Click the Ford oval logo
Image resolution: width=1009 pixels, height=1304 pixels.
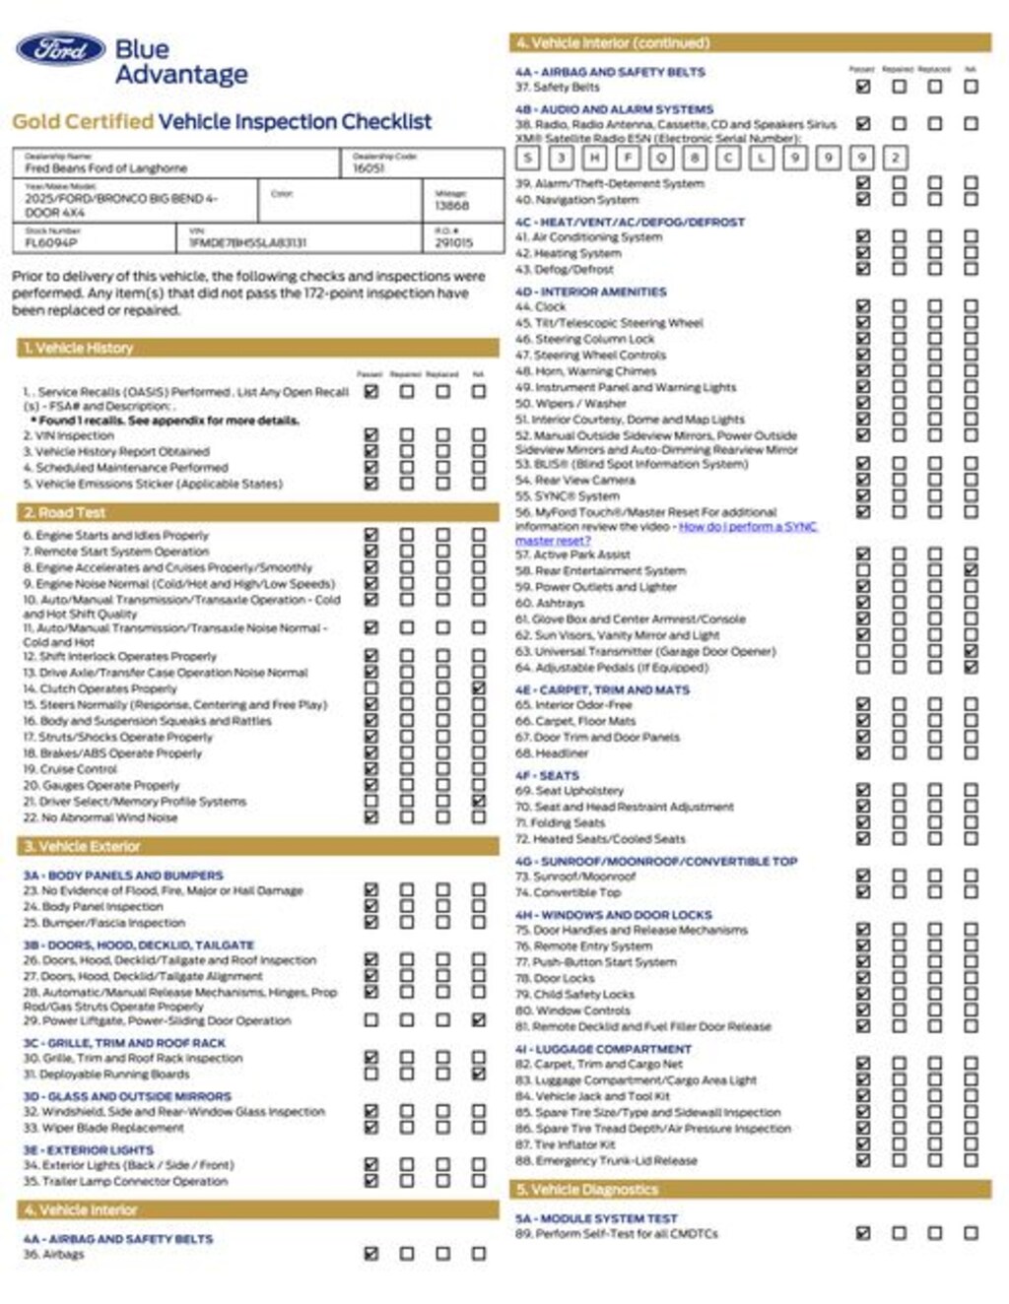pos(60,49)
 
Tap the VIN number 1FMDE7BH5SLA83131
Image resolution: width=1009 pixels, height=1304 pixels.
pos(247,242)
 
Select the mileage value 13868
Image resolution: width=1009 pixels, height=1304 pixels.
pos(452,206)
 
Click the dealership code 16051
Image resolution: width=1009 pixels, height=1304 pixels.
pos(369,168)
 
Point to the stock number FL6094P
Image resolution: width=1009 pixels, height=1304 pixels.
pos(51,242)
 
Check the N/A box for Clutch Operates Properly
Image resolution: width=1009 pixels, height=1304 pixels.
pos(479,688)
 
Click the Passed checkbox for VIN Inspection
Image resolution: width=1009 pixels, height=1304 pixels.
pos(371,434)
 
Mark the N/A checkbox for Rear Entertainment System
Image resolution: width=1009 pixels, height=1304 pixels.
pos(971,570)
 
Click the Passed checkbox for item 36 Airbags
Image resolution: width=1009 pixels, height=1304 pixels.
pos(371,1254)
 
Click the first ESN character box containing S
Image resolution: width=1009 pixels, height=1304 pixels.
pos(528,158)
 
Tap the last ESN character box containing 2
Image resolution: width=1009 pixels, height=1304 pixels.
pos(895,158)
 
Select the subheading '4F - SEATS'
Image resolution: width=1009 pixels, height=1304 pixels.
pos(547,775)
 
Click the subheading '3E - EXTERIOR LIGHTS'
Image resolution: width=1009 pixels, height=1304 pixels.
pos(89,1149)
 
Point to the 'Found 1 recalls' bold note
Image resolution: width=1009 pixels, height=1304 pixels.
pos(168,421)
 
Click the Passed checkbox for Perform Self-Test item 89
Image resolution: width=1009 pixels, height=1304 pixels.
pos(863,1233)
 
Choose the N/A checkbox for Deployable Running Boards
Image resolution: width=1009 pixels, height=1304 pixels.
pos(479,1074)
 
